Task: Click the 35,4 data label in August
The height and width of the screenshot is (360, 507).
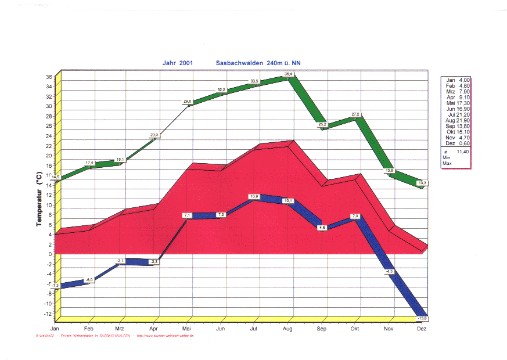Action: click(289, 74)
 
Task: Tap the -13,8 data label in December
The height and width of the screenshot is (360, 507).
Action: click(422, 318)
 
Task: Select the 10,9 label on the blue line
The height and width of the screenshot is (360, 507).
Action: click(254, 197)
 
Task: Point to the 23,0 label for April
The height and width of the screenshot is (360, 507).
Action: click(154, 135)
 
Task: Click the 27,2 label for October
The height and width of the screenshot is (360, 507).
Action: click(355, 114)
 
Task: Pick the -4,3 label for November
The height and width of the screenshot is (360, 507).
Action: click(389, 271)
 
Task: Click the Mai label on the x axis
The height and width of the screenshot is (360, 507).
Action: click(187, 329)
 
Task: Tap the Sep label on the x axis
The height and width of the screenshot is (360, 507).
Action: click(322, 329)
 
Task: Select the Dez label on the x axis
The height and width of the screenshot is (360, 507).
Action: click(422, 329)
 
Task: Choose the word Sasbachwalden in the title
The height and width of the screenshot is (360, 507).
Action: click(240, 63)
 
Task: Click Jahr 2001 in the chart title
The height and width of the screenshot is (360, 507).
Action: click(178, 63)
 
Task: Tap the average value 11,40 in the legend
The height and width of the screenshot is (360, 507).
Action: click(463, 152)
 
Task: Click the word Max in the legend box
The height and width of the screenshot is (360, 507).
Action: click(447, 164)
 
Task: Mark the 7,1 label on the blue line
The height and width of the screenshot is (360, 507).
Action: click(187, 215)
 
